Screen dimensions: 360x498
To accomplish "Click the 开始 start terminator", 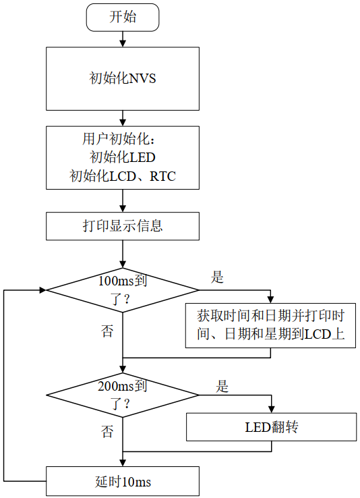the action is (123, 18).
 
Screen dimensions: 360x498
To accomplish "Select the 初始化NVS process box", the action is (123, 79).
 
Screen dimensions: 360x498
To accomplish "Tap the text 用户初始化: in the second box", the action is (120, 139).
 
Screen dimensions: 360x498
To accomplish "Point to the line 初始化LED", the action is (123, 157).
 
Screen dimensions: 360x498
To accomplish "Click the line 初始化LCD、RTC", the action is (123, 176).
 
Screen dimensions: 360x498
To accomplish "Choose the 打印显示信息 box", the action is (123, 226).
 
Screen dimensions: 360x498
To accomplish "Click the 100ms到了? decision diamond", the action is (123, 290).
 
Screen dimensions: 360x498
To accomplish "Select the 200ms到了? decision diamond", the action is (123, 395).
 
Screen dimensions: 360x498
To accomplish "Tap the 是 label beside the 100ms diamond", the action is (217, 277).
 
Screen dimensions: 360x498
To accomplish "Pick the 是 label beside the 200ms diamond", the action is (222, 387).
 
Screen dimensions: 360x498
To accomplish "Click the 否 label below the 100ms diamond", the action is (107, 331).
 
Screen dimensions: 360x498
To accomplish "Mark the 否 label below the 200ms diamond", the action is (107, 432).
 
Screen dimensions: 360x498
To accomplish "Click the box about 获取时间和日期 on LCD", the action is (270, 325).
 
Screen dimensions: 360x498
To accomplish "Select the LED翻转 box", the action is (272, 427).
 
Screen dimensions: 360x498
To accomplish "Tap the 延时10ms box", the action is (123, 481).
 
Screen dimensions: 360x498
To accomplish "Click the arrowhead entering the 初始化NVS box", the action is (123, 44).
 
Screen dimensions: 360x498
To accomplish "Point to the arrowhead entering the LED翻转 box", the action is (272, 410).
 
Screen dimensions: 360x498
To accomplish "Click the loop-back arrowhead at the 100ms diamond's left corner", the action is (42, 290).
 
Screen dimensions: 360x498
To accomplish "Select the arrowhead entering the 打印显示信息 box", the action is (123, 209).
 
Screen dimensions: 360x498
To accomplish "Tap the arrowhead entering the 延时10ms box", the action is (123, 463).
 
